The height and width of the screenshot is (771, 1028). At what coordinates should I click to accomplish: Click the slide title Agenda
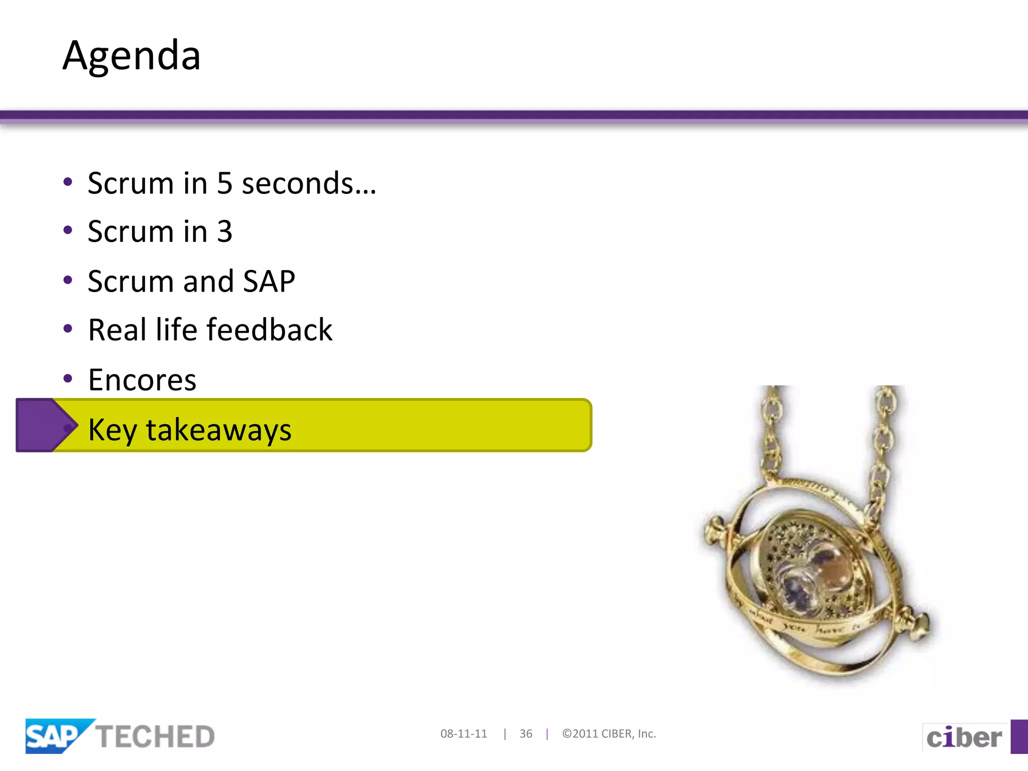[132, 55]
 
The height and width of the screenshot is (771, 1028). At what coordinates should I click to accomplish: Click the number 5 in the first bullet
[224, 183]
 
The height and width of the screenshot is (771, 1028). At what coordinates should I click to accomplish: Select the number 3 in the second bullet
[224, 232]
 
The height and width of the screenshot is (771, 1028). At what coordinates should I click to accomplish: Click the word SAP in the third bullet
[269, 281]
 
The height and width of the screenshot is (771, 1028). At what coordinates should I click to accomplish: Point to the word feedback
[270, 330]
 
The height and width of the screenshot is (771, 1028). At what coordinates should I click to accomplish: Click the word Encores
[142, 379]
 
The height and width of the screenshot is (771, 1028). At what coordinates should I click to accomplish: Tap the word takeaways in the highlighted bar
[218, 430]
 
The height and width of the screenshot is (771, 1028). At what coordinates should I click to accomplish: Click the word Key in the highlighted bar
[112, 430]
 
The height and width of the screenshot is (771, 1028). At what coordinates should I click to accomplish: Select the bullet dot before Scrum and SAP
[68, 280]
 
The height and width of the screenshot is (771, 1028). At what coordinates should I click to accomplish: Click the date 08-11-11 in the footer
[463, 734]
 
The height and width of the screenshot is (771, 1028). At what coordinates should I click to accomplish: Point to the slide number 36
[526, 734]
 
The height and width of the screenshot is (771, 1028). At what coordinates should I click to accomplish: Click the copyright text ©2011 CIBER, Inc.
[609, 734]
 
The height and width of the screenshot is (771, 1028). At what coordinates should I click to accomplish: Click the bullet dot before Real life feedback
[68, 329]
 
